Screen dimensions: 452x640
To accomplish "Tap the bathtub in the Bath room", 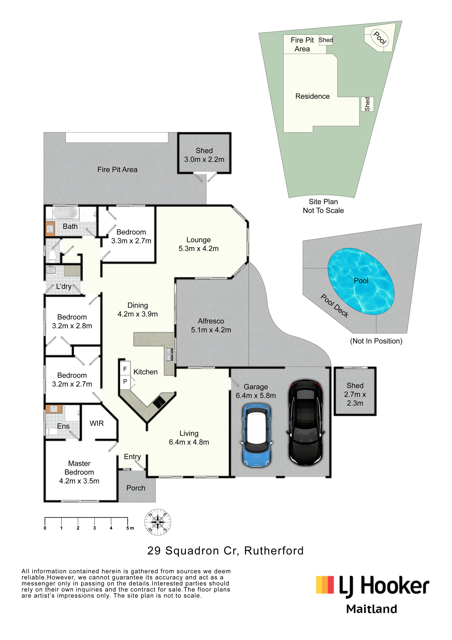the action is [65, 213].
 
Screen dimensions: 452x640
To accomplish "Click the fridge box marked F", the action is [125, 369].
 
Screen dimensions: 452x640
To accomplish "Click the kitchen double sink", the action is [169, 354].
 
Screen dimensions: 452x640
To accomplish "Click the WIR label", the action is [97, 423].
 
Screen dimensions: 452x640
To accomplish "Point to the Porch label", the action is [136, 488].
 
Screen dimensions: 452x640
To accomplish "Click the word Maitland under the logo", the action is [372, 609].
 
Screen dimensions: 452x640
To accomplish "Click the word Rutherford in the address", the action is [274, 551].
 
